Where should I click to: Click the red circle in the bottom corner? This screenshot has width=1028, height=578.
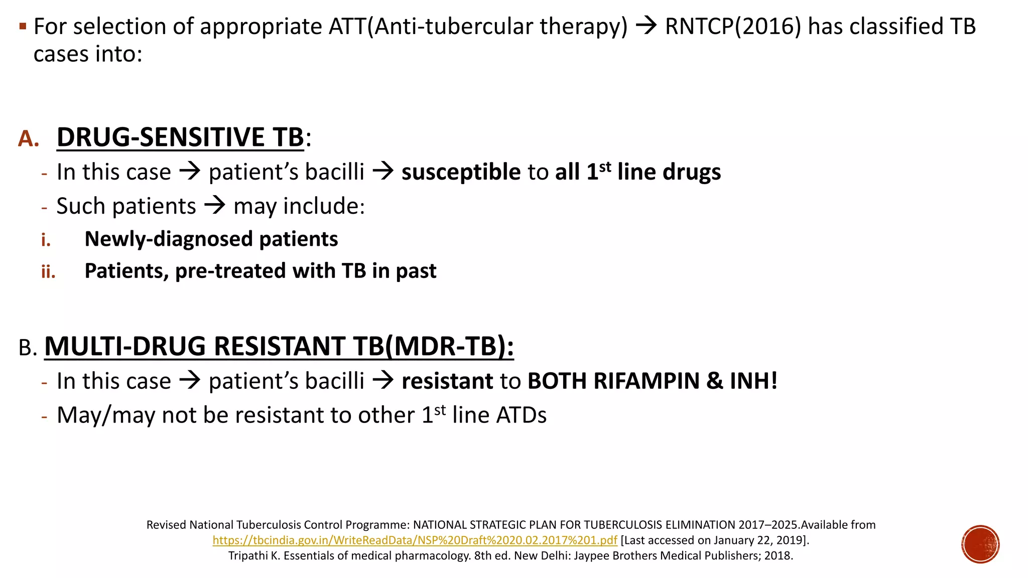pos(980,544)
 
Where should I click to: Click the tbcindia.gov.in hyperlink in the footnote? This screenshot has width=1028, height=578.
pos(415,540)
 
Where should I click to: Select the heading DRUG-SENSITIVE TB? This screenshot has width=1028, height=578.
pos(180,137)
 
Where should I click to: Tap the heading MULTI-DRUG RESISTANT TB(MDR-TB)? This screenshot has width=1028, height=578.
pos(279,346)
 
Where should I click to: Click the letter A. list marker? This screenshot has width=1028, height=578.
pos(29,138)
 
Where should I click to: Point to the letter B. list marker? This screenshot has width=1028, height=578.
pos(28,348)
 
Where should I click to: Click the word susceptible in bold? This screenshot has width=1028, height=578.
pos(461,172)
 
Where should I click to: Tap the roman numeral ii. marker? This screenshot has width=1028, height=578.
pos(48,272)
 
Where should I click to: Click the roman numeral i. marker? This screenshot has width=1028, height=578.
pos(46,240)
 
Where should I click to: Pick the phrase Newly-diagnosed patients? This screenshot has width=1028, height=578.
pos(211,239)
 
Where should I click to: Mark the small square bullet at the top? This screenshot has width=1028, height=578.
pos(22,26)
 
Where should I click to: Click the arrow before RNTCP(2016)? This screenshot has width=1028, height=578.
pos(647,26)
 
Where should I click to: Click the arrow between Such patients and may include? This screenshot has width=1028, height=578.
pos(215,205)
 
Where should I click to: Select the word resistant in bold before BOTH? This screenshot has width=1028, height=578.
pos(447,381)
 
